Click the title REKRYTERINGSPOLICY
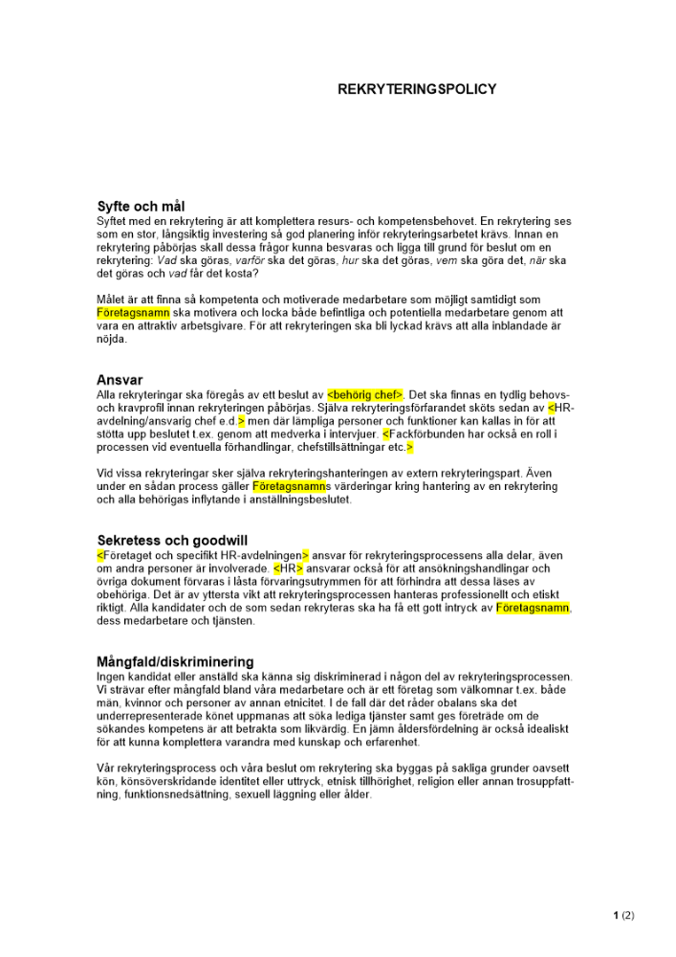pyautogui.click(x=417, y=89)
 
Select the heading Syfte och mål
pyautogui.click(x=141, y=206)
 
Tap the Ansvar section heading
pyautogui.click(x=120, y=380)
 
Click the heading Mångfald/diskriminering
pyautogui.click(x=175, y=661)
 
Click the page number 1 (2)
pyautogui.click(x=623, y=915)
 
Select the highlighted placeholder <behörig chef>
pyautogui.click(x=365, y=394)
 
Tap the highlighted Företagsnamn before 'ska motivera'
pyautogui.click(x=133, y=313)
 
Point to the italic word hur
pyautogui.click(x=350, y=260)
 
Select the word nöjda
pyautogui.click(x=112, y=339)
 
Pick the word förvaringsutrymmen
pyautogui.click(x=303, y=582)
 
